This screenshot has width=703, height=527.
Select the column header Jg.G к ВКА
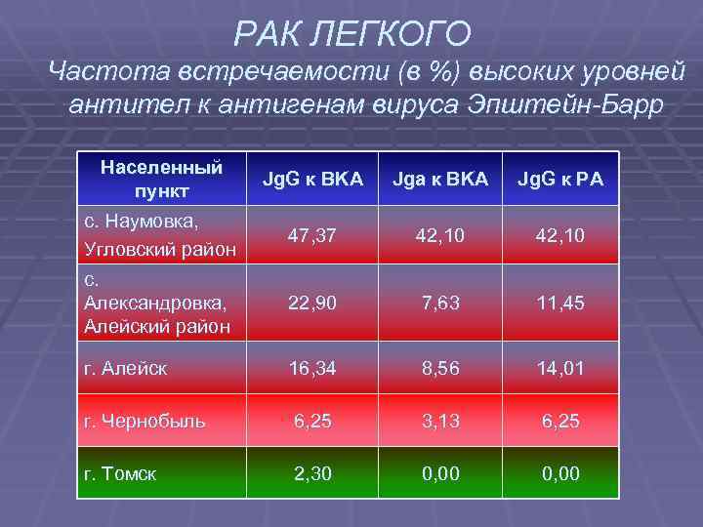[x=312, y=179]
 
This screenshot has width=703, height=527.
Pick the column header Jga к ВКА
[x=439, y=179]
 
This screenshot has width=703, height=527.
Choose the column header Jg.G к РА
[x=560, y=179]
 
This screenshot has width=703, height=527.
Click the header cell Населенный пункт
[x=161, y=178]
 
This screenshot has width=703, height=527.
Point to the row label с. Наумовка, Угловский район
[x=159, y=235]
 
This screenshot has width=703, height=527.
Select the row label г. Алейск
[x=127, y=368]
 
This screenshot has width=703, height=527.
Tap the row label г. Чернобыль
[x=145, y=422]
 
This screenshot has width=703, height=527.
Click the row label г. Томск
[x=121, y=474]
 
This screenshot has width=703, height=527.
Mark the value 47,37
[x=312, y=235]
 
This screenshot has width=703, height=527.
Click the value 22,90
[x=312, y=304]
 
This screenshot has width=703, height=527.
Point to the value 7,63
[x=439, y=304]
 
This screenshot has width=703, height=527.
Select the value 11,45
[x=559, y=304]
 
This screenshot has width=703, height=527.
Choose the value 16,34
[x=312, y=368]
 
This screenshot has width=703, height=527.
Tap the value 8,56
[x=439, y=368]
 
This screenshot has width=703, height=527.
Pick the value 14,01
[x=559, y=368]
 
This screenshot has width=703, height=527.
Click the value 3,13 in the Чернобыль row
[x=439, y=421]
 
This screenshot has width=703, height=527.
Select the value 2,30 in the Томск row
[x=312, y=474]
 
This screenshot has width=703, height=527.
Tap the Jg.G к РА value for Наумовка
[x=559, y=235]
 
